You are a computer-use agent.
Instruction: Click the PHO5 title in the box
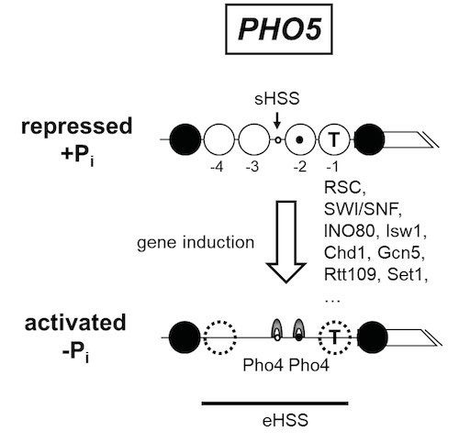pyautogui.click(x=280, y=29)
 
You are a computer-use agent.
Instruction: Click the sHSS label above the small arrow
pyautogui.click(x=277, y=99)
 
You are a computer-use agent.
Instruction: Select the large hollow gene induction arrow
pyautogui.click(x=285, y=241)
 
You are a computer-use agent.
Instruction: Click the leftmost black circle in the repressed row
pyautogui.click(x=185, y=139)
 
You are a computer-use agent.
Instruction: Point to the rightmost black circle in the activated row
pyautogui.click(x=372, y=337)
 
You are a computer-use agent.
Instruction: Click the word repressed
pyautogui.click(x=76, y=127)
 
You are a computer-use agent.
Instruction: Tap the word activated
pyautogui.click(x=75, y=323)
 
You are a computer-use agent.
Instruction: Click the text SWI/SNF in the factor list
pyautogui.click(x=363, y=209)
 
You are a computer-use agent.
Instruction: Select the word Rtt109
pyautogui.click(x=350, y=274)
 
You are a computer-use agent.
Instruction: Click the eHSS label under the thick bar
pyautogui.click(x=285, y=420)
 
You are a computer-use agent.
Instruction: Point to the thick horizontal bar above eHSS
pyautogui.click(x=274, y=403)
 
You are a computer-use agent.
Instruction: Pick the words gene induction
pyautogui.click(x=196, y=243)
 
